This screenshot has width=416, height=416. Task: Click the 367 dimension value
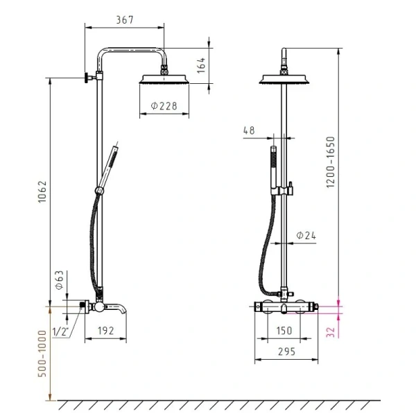tap(125, 20)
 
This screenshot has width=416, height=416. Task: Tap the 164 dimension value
tap(201, 65)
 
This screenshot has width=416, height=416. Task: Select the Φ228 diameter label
tap(164, 106)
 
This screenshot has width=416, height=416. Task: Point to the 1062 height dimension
tap(42, 192)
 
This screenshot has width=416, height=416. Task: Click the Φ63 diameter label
tap(59, 280)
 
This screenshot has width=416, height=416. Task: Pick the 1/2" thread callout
tap(60, 331)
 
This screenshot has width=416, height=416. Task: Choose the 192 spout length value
tap(106, 331)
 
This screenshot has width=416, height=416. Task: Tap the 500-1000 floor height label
tap(42, 354)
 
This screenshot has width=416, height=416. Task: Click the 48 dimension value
tap(249, 130)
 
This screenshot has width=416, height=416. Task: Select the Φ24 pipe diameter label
tap(306, 235)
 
